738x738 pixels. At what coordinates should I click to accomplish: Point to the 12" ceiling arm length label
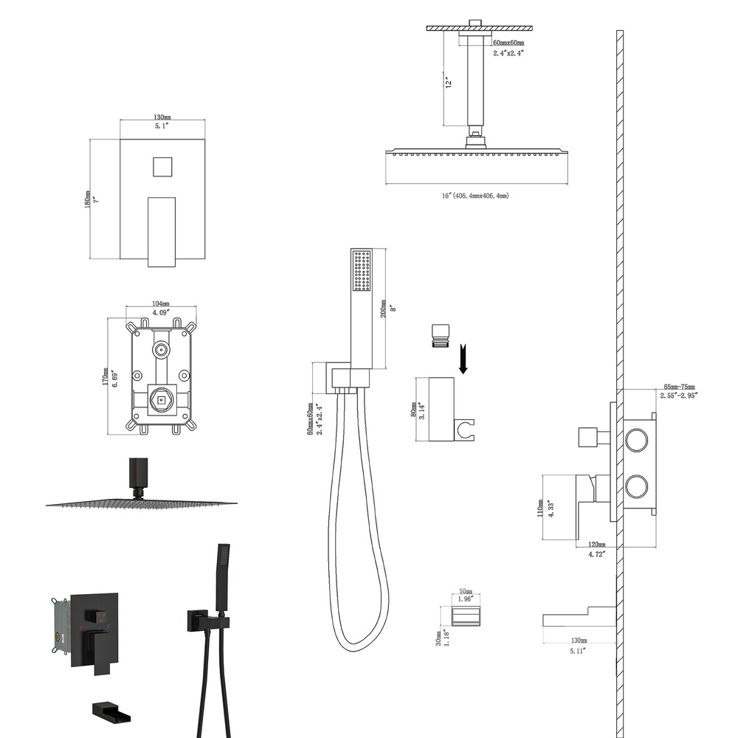446,81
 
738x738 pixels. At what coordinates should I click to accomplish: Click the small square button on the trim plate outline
162,166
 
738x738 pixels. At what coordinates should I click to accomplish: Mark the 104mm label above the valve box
160,304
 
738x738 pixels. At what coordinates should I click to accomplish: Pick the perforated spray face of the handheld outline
362,270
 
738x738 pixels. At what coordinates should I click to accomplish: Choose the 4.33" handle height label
549,508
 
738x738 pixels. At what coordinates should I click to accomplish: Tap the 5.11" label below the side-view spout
579,652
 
